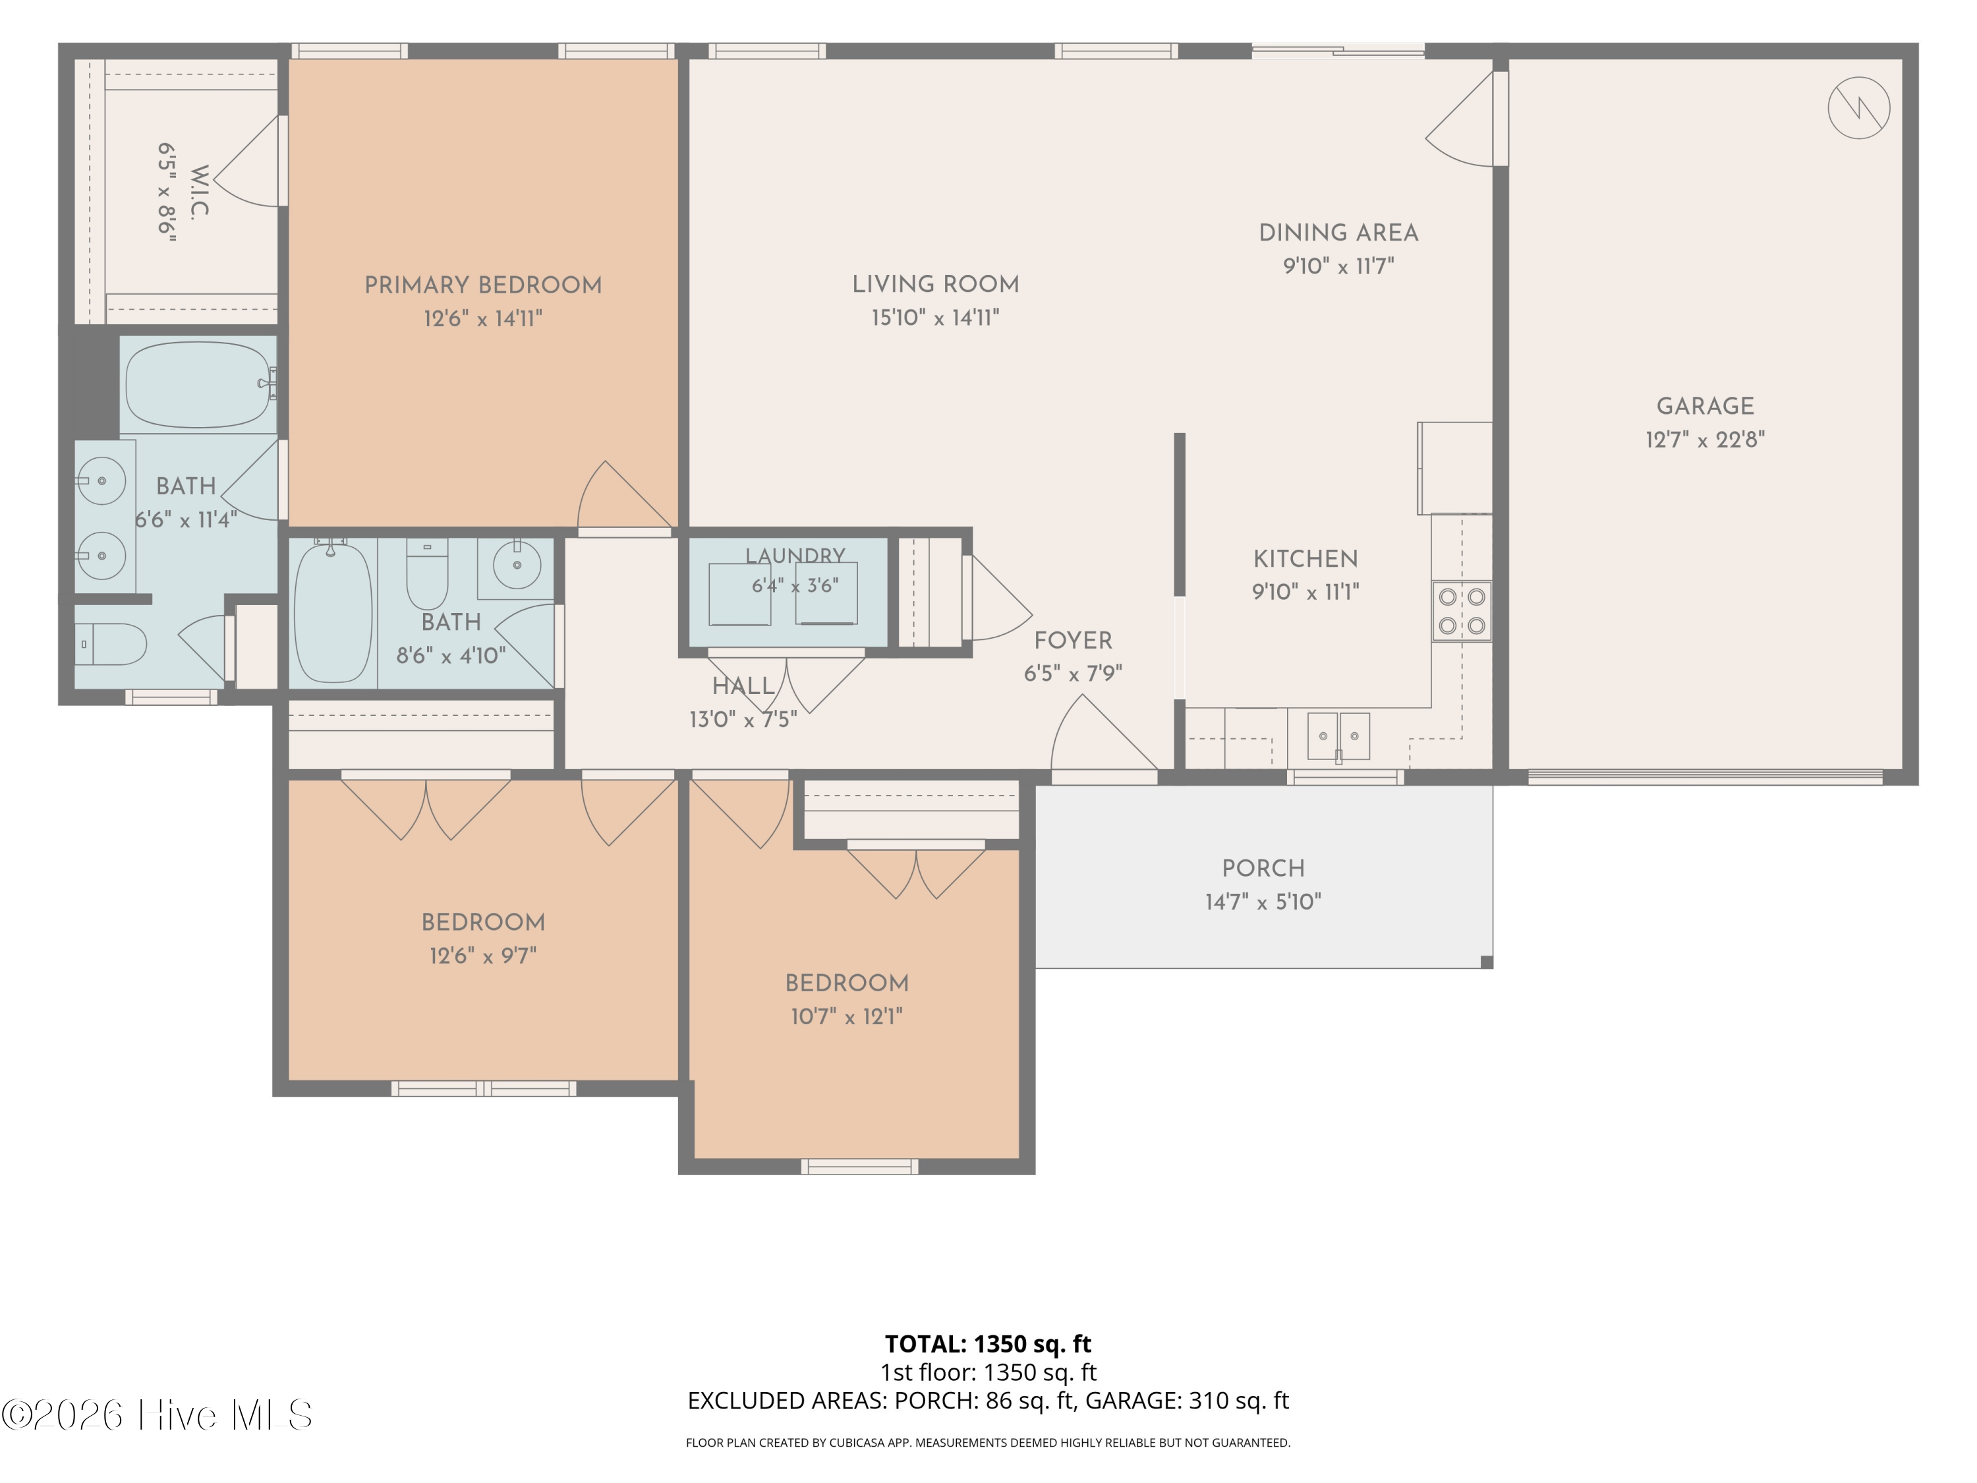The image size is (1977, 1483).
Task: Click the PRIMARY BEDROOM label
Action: (x=482, y=285)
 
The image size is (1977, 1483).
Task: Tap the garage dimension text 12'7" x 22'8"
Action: (x=1705, y=440)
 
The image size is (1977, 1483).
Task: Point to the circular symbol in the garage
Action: (x=1859, y=108)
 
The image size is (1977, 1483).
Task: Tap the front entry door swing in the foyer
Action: (x=1104, y=732)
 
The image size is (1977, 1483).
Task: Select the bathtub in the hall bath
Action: (x=333, y=612)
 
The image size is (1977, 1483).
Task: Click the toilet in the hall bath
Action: (x=427, y=573)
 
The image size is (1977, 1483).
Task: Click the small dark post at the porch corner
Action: (x=1486, y=962)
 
